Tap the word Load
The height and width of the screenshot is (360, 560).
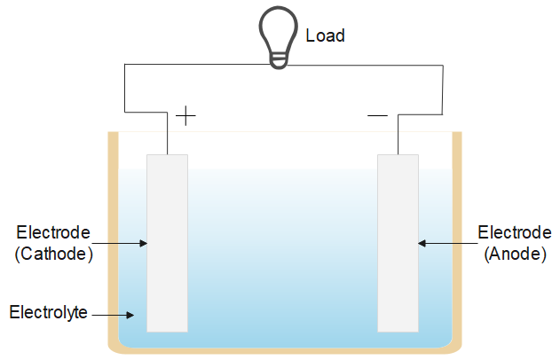(x=325, y=36)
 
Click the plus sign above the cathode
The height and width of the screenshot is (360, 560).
(x=185, y=116)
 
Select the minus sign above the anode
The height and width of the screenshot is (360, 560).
(x=377, y=115)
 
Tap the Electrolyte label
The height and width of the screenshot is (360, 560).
(x=48, y=312)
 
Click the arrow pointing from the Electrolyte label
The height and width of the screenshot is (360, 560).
(x=114, y=313)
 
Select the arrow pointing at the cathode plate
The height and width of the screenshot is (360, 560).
(x=120, y=242)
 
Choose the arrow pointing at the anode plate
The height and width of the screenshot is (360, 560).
(x=444, y=242)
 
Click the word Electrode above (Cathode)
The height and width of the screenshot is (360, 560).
(x=54, y=233)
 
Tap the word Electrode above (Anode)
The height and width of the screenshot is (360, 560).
(x=513, y=232)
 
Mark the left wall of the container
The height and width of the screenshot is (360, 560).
(x=113, y=239)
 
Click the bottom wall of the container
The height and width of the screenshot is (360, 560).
(x=284, y=352)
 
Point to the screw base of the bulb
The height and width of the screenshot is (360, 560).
(x=280, y=59)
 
